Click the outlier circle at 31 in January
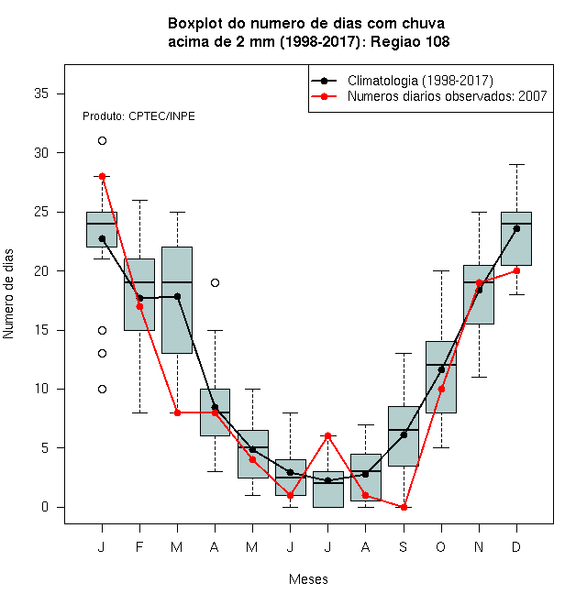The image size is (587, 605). click(102, 141)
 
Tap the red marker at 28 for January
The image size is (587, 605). click(102, 176)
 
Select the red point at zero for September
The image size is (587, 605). click(404, 507)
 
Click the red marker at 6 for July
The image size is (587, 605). click(327, 436)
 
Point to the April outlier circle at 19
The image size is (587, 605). click(216, 283)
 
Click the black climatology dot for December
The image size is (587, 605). click(516, 229)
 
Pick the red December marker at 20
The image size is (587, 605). click(516, 270)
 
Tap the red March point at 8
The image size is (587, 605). click(177, 412)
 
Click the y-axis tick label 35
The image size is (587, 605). click(41, 93)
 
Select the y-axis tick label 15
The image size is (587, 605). click(41, 330)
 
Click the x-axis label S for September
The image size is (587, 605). click(404, 546)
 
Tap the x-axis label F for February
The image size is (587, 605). click(139, 546)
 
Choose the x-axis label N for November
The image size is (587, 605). click(479, 546)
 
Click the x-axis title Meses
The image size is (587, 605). click(308, 579)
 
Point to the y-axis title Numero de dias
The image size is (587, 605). click(8, 294)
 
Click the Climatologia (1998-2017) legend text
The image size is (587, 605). click(420, 81)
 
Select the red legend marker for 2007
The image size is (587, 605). click(324, 96)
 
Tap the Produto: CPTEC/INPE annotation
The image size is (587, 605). click(138, 116)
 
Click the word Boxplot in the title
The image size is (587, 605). click(195, 24)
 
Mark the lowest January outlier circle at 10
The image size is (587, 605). click(102, 389)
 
